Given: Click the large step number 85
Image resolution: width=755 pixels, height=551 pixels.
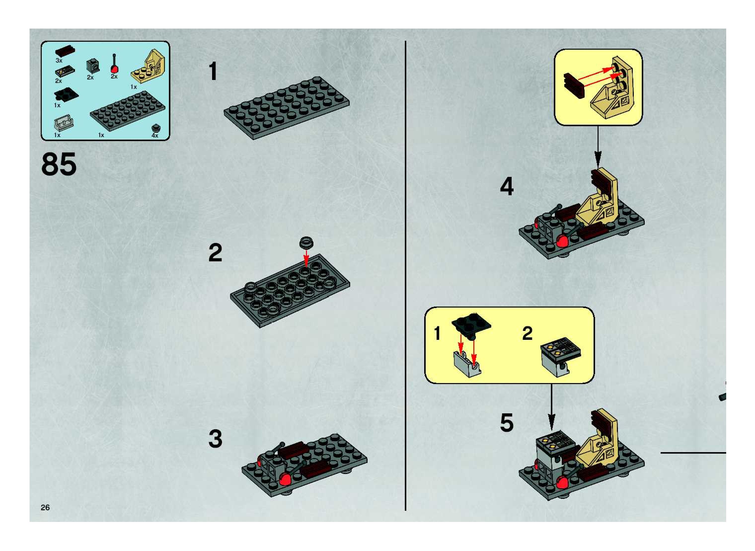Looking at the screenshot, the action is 59,164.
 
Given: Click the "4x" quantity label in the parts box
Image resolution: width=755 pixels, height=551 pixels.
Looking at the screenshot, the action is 155,135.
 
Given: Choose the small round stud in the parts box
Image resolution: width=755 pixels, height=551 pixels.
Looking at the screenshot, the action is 155,128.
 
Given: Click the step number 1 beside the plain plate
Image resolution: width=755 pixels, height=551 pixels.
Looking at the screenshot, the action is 213,71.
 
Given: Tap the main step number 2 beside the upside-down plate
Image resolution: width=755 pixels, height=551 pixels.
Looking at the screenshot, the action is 215,253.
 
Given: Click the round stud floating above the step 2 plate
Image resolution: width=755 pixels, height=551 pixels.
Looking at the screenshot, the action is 306,242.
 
